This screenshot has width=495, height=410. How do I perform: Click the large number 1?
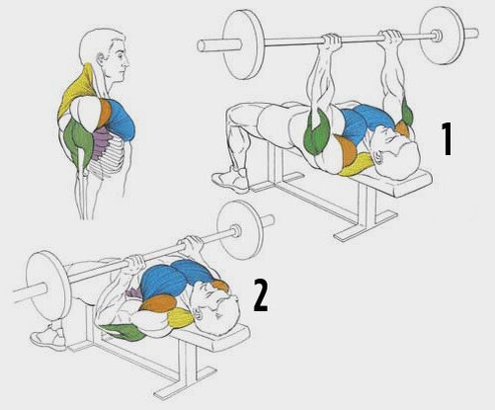pos(447,138)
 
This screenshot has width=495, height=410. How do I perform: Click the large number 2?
pos(261,295)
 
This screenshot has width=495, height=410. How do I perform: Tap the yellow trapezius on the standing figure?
pos(76,88)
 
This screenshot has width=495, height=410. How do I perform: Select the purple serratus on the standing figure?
pos(102,142)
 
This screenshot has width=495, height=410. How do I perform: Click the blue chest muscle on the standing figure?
pos(122,119)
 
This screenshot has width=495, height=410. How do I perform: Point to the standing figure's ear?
pos(100,58)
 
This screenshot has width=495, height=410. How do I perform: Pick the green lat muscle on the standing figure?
pos(77,141)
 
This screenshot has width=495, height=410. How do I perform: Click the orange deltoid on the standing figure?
pos(106,113)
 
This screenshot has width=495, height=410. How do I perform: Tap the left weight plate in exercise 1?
pos(244,44)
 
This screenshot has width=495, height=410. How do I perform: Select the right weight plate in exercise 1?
pos(442,36)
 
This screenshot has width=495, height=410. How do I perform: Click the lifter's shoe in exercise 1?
pos(230,180)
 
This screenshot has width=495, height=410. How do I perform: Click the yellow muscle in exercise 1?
pos(358,165)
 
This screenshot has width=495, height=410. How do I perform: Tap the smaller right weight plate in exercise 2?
pos(240,230)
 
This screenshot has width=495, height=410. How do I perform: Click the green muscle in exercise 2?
pos(123,332)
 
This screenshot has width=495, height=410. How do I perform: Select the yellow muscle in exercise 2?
pos(181,318)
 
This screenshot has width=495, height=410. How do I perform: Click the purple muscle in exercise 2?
pos(134,293)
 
